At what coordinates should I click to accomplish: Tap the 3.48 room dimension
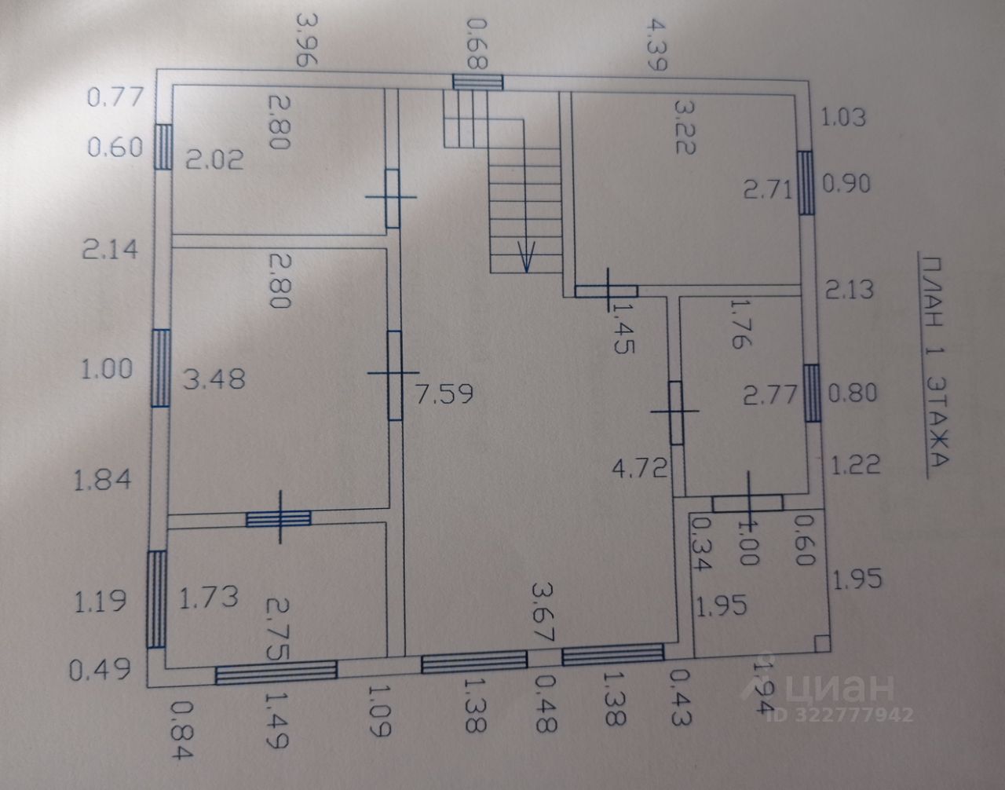(214, 379)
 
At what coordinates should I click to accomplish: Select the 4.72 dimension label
(641, 469)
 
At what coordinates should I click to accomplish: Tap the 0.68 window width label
(477, 42)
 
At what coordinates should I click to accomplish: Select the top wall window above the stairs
(477, 82)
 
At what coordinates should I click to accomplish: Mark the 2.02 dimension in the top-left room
(214, 160)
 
